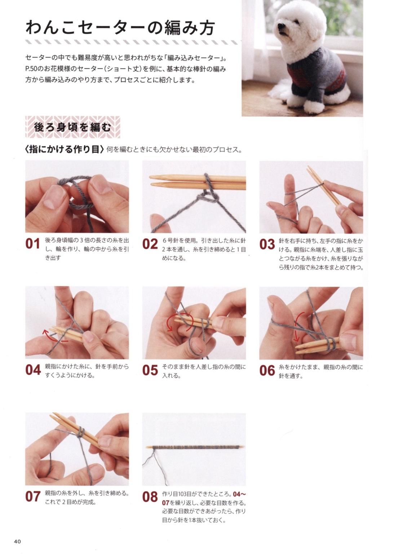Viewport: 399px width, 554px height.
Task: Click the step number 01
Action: click(x=33, y=244)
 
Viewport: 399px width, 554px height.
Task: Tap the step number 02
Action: click(x=150, y=244)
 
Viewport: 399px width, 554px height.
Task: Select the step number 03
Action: click(x=267, y=244)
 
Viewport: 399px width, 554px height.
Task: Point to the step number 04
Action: click(x=33, y=370)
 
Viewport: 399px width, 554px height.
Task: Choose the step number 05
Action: click(x=150, y=370)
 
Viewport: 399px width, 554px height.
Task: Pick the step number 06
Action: click(x=267, y=370)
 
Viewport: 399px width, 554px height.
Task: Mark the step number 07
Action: click(x=33, y=496)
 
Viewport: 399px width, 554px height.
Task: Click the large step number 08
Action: click(x=150, y=497)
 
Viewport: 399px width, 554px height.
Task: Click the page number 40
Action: click(x=17, y=541)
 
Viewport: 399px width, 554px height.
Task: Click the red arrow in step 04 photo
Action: click(x=55, y=335)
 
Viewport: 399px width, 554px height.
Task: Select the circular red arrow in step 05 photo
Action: click(x=179, y=322)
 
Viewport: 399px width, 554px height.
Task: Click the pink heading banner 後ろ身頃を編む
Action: click(x=73, y=127)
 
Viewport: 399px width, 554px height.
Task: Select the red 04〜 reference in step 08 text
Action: click(x=239, y=494)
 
